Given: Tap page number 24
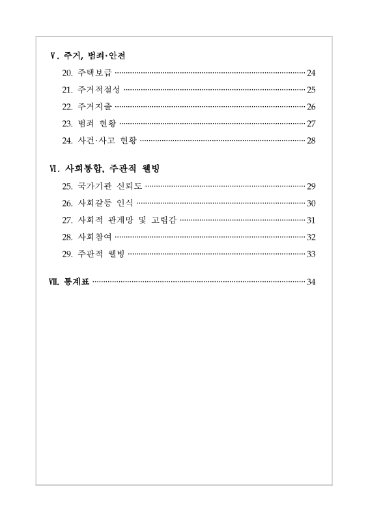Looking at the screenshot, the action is tap(311, 72).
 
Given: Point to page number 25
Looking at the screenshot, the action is tap(311, 89).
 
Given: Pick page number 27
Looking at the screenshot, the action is tap(311, 123).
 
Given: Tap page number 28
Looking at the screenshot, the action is tap(311, 140).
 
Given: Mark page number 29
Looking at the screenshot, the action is tap(311, 186).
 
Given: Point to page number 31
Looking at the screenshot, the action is tap(311, 219).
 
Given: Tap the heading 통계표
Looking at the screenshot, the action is tap(77, 282).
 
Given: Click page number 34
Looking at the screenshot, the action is tap(311, 282).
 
